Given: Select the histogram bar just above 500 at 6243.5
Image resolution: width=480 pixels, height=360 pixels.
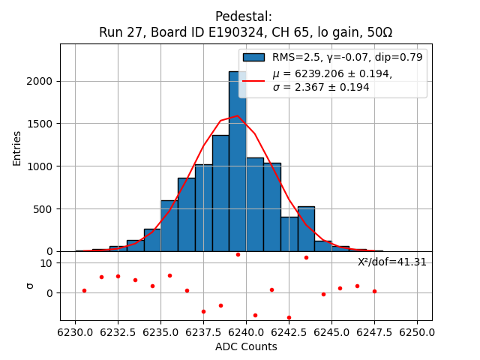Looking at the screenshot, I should click(306, 229).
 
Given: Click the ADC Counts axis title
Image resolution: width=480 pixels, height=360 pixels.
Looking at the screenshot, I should click(246, 346).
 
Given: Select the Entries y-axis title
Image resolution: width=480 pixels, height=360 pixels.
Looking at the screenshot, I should click(17, 148).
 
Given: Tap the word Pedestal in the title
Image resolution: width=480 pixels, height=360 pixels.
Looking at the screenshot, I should click(244, 16).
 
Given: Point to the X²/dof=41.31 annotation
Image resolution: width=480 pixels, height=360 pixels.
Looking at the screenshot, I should click(391, 262).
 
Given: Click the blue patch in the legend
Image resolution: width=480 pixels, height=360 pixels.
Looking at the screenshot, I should click(253, 57).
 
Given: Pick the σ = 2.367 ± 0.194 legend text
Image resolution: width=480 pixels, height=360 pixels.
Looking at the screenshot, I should click(320, 88).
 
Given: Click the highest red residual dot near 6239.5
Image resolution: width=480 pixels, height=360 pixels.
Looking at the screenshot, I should click(238, 254).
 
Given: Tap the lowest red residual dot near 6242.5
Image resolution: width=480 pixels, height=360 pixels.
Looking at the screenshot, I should click(289, 317).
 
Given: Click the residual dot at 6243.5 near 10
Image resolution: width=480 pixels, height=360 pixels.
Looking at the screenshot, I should click(306, 257).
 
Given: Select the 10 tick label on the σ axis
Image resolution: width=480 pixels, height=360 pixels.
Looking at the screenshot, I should click(46, 263).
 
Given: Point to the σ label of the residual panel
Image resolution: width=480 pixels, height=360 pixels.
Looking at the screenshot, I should click(30, 285).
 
